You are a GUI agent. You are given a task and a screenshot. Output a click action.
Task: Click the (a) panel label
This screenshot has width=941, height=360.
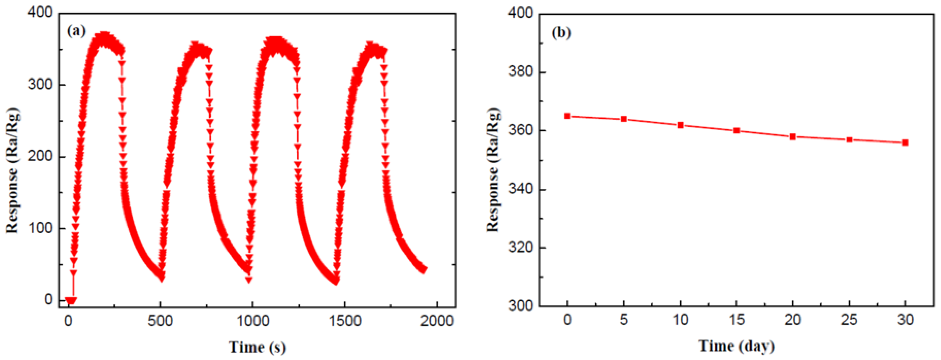(76, 31)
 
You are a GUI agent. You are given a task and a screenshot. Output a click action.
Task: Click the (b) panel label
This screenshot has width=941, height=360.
(561, 33)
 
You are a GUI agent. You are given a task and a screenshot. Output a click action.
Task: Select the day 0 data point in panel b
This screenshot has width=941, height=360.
(567, 116)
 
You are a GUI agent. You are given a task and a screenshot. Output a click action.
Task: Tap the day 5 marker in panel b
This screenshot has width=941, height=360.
(624, 119)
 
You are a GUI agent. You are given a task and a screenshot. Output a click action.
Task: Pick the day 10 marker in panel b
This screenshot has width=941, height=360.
(680, 125)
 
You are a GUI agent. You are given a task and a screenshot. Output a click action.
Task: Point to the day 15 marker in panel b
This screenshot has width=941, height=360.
(737, 130)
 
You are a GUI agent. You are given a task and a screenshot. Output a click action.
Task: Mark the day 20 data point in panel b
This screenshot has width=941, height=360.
(793, 136)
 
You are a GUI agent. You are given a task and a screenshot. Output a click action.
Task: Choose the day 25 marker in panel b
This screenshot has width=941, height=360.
(849, 140)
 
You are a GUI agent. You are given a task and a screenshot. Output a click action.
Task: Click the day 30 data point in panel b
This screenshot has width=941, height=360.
(905, 142)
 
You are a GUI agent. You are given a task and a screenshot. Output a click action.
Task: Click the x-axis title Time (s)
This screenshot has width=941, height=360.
(257, 347)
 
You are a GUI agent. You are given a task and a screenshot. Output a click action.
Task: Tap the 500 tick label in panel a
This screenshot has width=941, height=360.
(160, 321)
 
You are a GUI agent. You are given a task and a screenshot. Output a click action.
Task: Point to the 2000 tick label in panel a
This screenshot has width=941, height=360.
(437, 321)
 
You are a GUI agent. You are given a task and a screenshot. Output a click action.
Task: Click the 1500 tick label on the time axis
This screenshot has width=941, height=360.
(345, 321)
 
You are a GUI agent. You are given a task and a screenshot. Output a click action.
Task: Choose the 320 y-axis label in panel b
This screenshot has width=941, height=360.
(520, 247)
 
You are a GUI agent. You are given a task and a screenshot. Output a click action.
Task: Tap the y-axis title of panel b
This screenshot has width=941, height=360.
(493, 169)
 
